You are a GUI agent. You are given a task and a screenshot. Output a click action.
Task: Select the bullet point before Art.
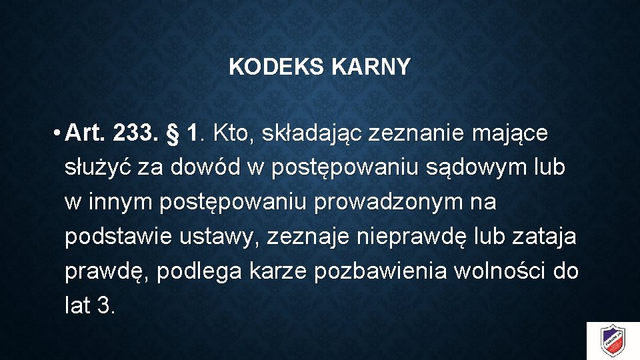[59, 134]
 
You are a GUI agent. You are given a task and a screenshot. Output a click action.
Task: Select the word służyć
[97, 168]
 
